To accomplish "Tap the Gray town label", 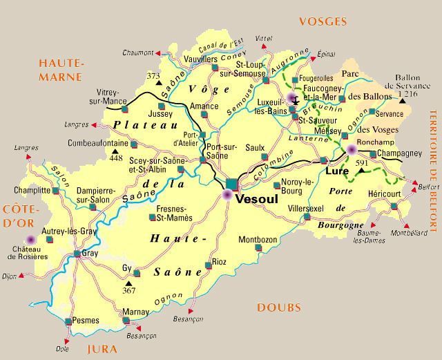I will click(x=90, y=254).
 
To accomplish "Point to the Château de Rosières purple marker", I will click(x=30, y=239).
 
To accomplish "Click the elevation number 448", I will click(x=116, y=158).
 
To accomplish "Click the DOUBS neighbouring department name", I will click(x=279, y=307).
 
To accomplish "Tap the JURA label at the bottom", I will click(x=102, y=350).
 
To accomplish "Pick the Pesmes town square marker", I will click(x=68, y=321).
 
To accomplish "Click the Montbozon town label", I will click(x=257, y=240).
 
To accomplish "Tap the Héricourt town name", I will click(x=385, y=194).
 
